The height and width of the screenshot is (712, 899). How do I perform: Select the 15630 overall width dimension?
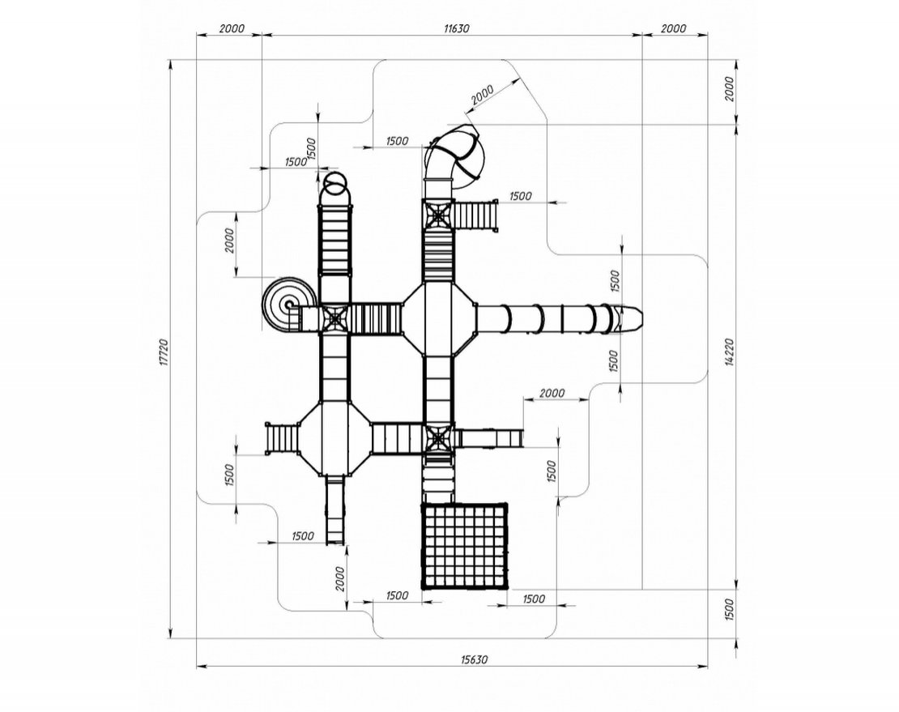[452, 659]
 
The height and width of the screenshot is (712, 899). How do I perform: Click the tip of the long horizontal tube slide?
[637, 318]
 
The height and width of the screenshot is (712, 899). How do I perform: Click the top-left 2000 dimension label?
[231, 28]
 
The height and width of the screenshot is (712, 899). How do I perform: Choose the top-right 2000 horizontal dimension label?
[673, 28]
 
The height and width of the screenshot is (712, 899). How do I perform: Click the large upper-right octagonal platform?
[438, 318]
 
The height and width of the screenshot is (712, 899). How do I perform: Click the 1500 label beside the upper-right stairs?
[520, 196]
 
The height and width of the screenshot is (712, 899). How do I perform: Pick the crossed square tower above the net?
[437, 439]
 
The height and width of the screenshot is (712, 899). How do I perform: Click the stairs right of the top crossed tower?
[474, 215]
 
